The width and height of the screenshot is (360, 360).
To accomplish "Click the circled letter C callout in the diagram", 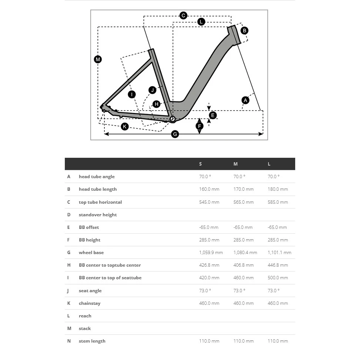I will click(183, 16).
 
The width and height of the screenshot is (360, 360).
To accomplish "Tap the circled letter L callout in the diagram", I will click(201, 22).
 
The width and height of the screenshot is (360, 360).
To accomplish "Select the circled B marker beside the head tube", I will click(244, 30).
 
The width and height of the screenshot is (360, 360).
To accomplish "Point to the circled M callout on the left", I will click(98, 59).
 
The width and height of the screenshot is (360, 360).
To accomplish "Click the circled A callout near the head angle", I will click(245, 100).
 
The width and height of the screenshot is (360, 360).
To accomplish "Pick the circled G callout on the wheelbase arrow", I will click(175, 134).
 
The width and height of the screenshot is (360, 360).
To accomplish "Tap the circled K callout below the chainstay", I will click(125, 127).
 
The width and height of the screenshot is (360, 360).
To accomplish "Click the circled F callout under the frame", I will click(200, 126).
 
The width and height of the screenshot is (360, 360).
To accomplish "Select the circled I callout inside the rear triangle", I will click(131, 94).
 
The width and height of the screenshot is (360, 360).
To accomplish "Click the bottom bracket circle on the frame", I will click(172, 119).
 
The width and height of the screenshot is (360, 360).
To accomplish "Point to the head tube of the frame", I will click(234, 36).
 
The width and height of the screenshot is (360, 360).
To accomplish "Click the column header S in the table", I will click(200, 164).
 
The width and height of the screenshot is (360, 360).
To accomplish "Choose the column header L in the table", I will click(269, 164).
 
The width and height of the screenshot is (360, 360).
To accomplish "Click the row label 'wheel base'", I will click(91, 253).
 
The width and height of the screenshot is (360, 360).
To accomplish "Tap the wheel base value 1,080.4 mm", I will click(245, 253).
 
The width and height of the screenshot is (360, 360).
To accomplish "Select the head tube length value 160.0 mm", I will click(209, 189).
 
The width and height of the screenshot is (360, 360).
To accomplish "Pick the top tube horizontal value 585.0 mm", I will click(278, 202).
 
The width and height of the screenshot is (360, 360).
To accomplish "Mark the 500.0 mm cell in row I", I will click(278, 278).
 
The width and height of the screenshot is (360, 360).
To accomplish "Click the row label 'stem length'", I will click(92, 341).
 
